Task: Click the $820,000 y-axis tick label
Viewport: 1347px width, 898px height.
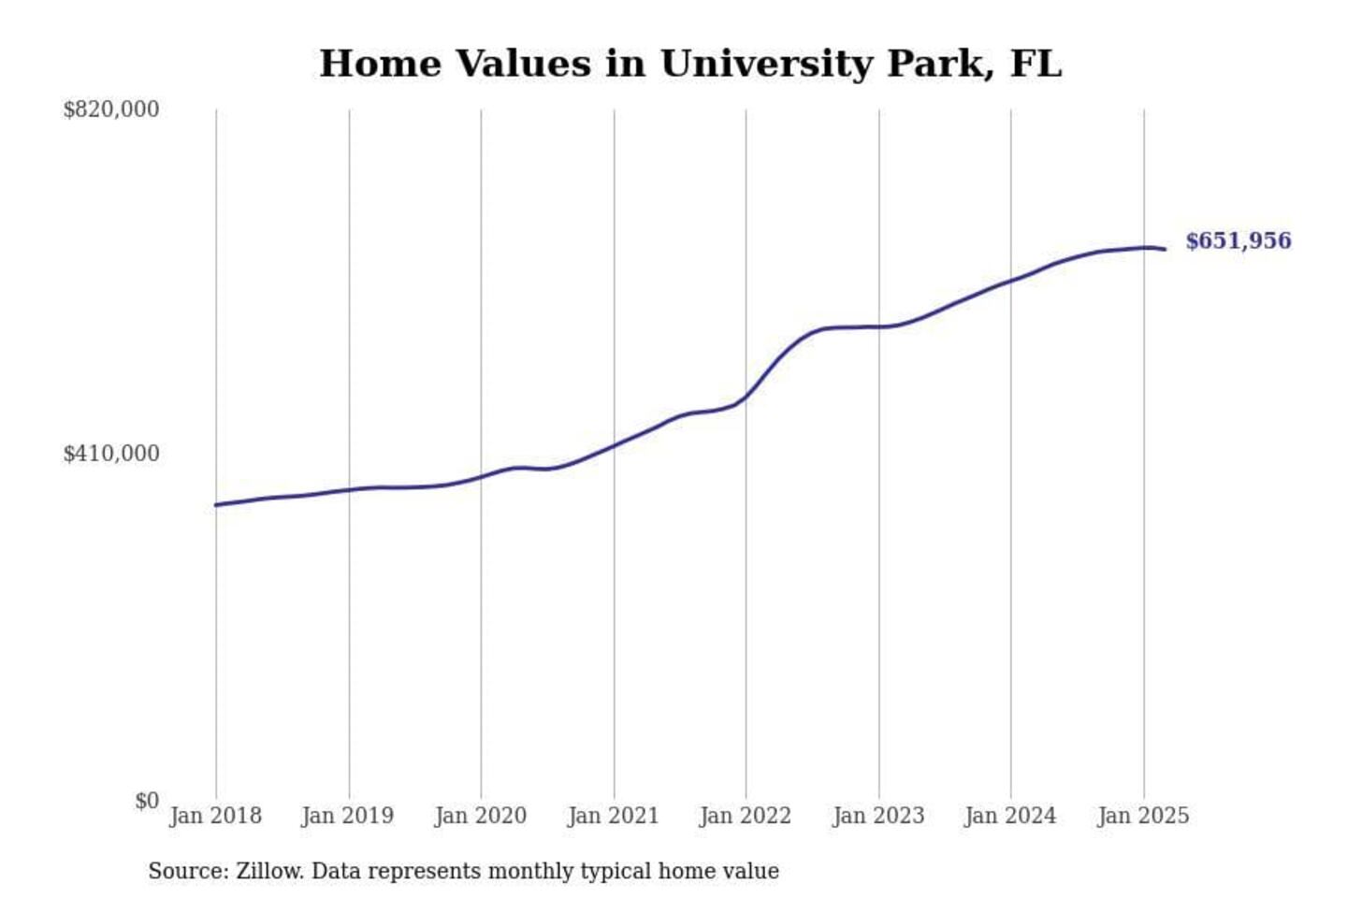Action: tap(110, 109)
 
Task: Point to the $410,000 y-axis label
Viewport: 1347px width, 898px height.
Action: tap(110, 454)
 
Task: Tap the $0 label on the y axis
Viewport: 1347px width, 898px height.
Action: tap(146, 801)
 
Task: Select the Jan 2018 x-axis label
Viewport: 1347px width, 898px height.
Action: tap(215, 816)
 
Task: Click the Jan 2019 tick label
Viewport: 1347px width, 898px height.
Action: tap(348, 816)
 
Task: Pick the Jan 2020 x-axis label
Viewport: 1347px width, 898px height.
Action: tap(481, 816)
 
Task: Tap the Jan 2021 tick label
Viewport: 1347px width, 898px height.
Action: tap(614, 816)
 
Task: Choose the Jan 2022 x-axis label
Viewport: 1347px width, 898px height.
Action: tap(746, 816)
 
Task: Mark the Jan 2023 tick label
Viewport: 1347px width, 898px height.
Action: tap(878, 816)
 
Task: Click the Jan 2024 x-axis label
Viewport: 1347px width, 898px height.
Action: tap(1010, 816)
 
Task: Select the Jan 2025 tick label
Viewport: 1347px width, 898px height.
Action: tap(1143, 816)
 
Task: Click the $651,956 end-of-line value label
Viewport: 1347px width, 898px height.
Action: tap(1238, 241)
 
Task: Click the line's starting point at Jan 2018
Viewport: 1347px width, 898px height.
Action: tap(216, 505)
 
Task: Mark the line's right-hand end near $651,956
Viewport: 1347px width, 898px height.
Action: tap(1165, 249)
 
